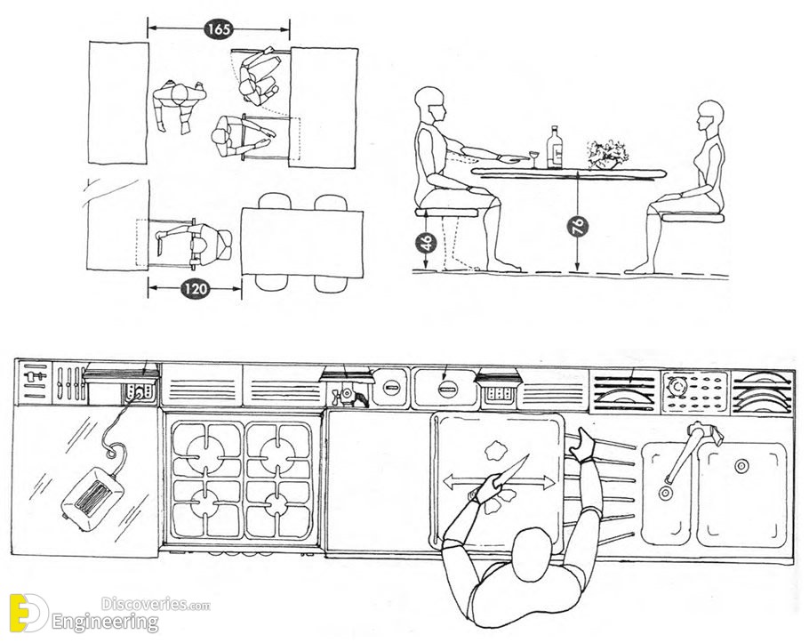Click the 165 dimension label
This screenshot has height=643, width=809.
(x=218, y=29)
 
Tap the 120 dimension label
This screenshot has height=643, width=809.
(x=195, y=288)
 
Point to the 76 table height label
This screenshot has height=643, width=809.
(x=578, y=227)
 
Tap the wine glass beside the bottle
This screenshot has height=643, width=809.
(x=534, y=159)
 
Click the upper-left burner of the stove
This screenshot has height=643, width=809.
(x=206, y=450)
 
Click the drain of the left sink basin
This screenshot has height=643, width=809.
(x=666, y=494)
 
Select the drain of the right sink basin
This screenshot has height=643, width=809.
(x=741, y=466)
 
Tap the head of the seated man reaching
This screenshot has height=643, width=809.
(x=430, y=105)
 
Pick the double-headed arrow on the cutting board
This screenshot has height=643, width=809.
(x=499, y=484)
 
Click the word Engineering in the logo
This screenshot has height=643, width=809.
(x=105, y=622)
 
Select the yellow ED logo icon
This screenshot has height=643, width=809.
(x=28, y=613)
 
